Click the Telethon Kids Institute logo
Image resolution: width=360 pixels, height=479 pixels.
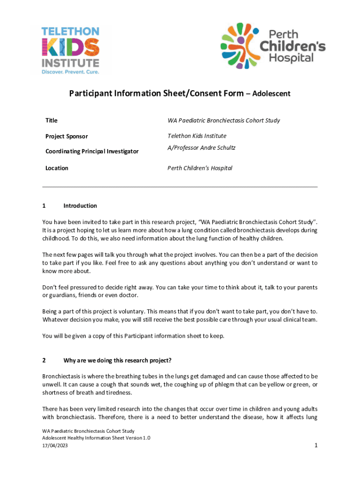pos(70,50)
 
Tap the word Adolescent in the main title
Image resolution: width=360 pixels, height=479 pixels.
pos(271,94)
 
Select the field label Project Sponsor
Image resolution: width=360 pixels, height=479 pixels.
pos(66,137)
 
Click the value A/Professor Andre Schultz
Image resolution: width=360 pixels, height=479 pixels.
pos(202,148)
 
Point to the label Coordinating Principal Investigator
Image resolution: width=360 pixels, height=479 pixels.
pos(92,152)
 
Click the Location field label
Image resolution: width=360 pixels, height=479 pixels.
pos(57,168)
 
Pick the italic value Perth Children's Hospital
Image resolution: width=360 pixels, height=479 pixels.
pos(200,168)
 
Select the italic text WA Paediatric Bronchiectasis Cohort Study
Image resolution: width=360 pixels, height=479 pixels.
pos(223,121)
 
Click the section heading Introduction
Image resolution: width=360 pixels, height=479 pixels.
pos(80,206)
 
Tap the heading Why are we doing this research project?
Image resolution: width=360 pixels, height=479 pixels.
pos(117,360)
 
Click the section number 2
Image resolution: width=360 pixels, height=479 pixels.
pos(44,360)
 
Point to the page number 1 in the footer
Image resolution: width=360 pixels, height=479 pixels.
pos(316,445)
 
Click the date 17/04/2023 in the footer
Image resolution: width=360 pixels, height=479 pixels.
pos(55,445)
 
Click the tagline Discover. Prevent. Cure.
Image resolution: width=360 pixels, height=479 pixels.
pos(70,72)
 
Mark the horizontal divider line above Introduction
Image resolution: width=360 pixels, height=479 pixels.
pos(180,187)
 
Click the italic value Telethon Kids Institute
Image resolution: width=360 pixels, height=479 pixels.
pos(197,136)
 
